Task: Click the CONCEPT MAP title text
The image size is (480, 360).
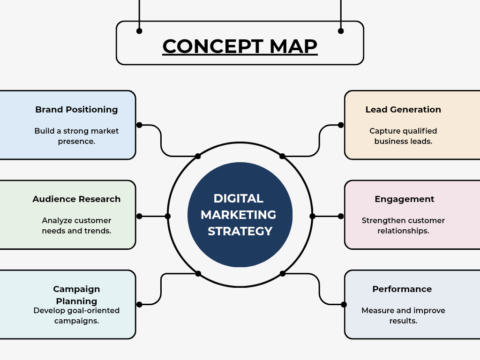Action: (x=240, y=46)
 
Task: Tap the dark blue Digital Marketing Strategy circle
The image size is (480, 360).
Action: (x=240, y=215)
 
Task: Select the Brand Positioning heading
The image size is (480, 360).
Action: (x=76, y=110)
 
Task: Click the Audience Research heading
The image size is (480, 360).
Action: (x=76, y=199)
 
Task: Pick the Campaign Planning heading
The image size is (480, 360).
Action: (x=76, y=295)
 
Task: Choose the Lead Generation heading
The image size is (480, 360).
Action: (x=403, y=110)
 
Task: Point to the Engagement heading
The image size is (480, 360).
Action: (x=405, y=199)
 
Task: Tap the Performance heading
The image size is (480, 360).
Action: (x=402, y=289)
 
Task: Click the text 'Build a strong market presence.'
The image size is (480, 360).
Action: (x=76, y=136)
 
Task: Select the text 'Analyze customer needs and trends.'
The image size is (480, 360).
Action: (x=76, y=225)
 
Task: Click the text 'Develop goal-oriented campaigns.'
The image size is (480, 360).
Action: (x=76, y=315)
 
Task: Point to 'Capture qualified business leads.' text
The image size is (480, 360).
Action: (x=403, y=136)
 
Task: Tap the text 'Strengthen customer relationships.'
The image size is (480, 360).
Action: (x=403, y=225)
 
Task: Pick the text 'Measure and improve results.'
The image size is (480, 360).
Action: (x=403, y=315)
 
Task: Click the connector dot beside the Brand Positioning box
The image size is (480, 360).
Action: (x=139, y=125)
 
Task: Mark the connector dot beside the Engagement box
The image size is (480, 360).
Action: (x=341, y=216)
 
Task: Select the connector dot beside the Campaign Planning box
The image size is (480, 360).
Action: (x=139, y=305)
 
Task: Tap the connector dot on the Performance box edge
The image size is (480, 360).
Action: (x=344, y=305)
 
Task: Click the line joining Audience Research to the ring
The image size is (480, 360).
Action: (x=153, y=216)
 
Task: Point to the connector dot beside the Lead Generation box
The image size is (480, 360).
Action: (x=341, y=125)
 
